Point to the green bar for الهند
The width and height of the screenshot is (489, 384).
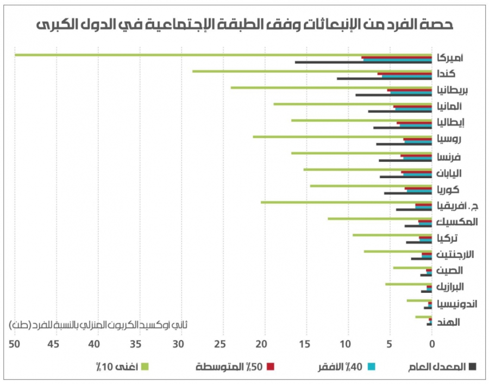pyautogui.click(x=424, y=317)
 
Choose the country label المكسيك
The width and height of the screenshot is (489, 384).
pyautogui.click(x=457, y=222)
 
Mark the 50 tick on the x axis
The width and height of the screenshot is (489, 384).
pyautogui.click(x=15, y=343)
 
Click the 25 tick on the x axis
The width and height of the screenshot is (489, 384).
pyautogui.click(x=220, y=343)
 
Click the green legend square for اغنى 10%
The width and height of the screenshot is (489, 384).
pyautogui.click(x=145, y=367)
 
